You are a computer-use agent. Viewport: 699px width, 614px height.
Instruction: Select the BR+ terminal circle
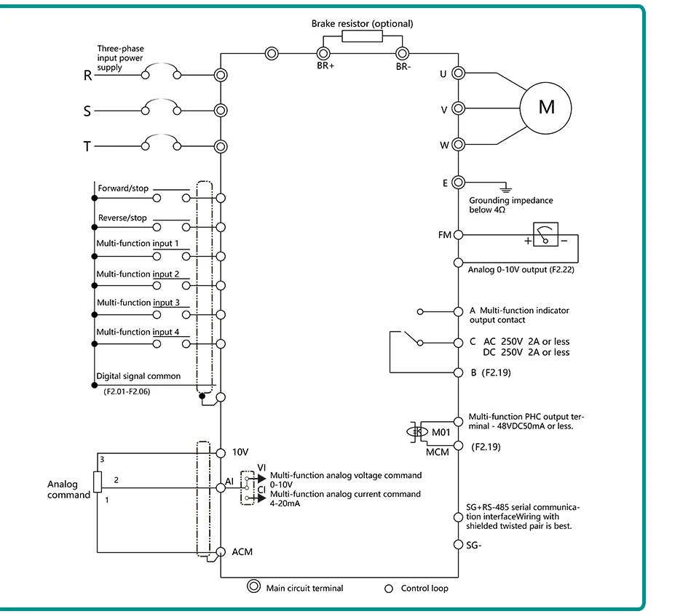pyautogui.click(x=323, y=54)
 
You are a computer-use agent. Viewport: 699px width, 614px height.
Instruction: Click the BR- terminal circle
pyautogui.click(x=402, y=54)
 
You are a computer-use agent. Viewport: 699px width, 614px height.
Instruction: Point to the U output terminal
pyautogui.click(x=458, y=73)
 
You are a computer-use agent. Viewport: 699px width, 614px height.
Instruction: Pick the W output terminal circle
pyautogui.click(x=458, y=144)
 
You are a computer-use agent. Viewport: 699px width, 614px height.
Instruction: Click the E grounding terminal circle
pyautogui.click(x=458, y=182)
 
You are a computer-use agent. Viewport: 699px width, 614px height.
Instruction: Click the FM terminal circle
pyautogui.click(x=458, y=235)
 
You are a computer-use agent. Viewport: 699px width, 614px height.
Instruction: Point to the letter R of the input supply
pyautogui.click(x=88, y=76)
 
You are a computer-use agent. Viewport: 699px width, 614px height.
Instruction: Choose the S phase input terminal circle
pyautogui.click(x=221, y=111)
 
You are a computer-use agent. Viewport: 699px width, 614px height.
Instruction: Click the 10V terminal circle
pyautogui.click(x=221, y=452)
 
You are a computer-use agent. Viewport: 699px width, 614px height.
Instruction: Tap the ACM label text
pyautogui.click(x=242, y=552)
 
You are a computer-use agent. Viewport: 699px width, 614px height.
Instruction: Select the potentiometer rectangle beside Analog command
pyautogui.click(x=98, y=482)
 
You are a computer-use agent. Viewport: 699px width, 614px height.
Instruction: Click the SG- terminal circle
pyautogui.click(x=458, y=545)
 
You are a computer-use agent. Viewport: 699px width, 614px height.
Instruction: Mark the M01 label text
pyautogui.click(x=441, y=432)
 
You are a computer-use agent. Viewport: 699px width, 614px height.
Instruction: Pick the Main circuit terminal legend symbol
pyautogui.click(x=253, y=586)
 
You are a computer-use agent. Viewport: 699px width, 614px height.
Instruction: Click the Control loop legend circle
pyautogui.click(x=389, y=589)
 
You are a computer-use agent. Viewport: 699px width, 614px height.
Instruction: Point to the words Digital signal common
pyautogui.click(x=138, y=376)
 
